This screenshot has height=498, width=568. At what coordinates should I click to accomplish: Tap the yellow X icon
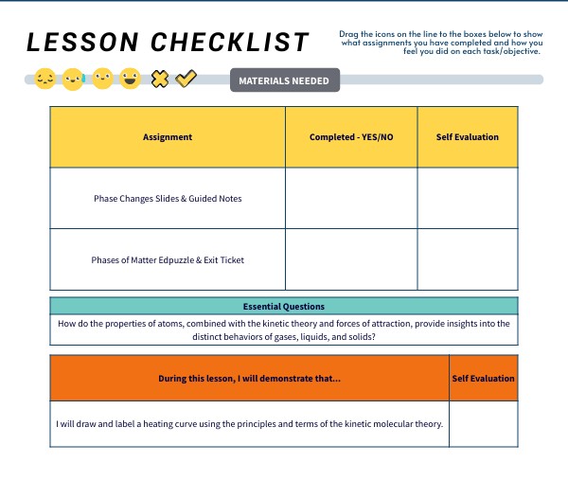160,80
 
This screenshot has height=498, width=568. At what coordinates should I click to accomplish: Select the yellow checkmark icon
186,80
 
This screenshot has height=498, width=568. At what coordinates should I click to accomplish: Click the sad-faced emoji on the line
44,80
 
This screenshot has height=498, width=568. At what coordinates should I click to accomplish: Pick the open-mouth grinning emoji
131,80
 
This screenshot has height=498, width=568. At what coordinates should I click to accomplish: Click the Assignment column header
168,137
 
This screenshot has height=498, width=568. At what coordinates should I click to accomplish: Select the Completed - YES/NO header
351,137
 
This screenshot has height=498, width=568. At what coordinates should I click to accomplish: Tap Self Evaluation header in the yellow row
467,137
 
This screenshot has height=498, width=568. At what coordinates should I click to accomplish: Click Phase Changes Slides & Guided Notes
168,199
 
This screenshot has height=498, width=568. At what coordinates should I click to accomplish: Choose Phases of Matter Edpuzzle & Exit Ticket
168,259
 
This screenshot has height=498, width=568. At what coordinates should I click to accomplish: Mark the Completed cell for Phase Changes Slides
351,199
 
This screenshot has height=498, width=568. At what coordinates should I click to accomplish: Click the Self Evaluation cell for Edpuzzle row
467,259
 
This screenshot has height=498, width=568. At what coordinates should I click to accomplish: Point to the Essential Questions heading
284,307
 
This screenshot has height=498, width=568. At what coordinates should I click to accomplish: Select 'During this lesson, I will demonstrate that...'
250,379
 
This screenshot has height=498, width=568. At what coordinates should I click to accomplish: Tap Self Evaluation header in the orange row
483,379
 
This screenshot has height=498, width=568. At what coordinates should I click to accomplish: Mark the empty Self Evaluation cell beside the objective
483,423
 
